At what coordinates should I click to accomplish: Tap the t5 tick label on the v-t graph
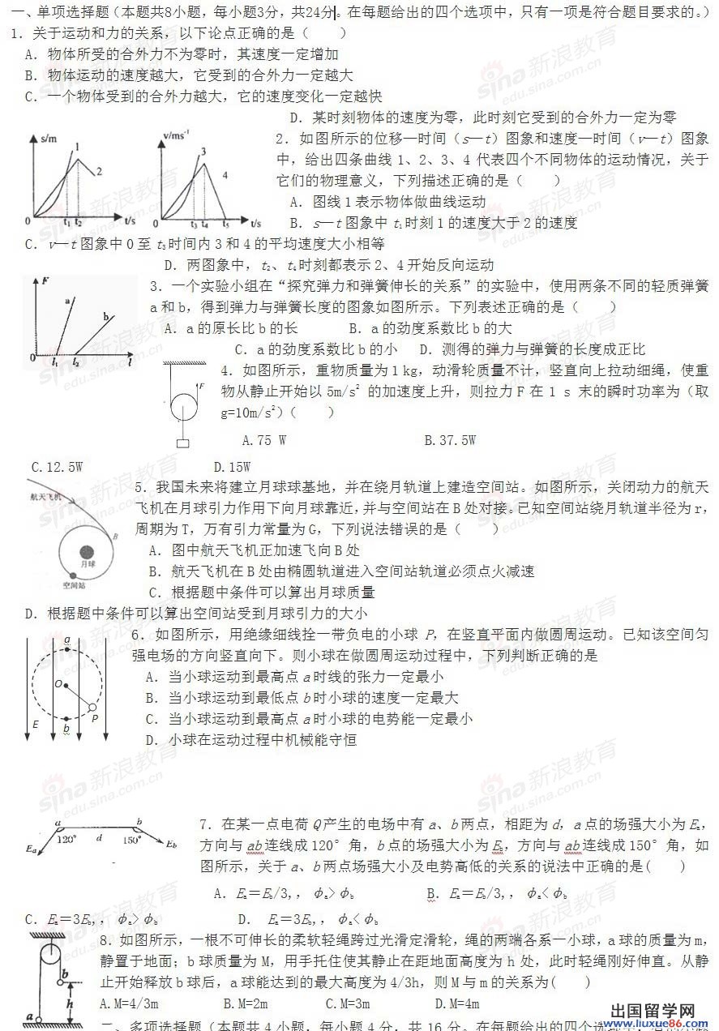(226, 224)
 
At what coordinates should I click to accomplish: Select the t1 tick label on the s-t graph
(66, 222)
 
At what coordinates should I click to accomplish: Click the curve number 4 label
(225, 175)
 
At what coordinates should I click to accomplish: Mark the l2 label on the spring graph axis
(76, 362)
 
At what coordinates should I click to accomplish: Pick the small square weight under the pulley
(184, 443)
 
